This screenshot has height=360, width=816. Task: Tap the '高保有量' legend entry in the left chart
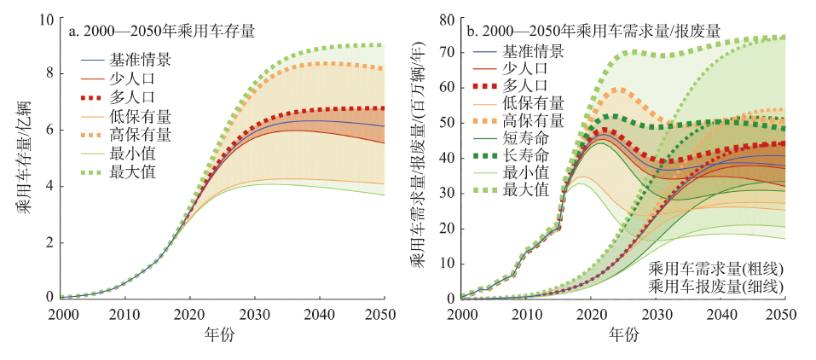140,135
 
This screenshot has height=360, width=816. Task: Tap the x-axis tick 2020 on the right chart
591,312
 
